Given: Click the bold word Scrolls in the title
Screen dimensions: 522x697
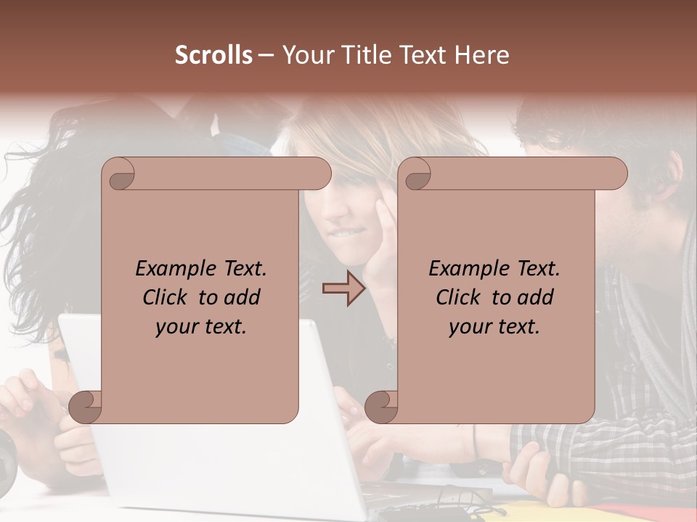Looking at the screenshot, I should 213,55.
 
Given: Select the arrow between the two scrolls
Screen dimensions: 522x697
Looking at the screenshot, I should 343,289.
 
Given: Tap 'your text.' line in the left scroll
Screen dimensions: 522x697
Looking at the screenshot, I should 201,327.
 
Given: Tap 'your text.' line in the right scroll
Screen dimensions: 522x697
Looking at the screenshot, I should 494,327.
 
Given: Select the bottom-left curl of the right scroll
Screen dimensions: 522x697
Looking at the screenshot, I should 380,407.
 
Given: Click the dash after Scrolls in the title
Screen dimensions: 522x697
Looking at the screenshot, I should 266,55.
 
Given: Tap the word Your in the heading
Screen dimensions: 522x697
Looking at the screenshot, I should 306,55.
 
